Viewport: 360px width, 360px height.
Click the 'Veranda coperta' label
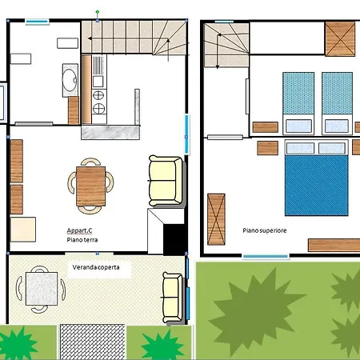(x=96, y=267)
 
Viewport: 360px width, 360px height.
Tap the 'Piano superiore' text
(x=265, y=230)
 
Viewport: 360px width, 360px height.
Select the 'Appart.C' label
(x=79, y=230)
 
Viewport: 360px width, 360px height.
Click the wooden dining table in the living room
(x=90, y=186)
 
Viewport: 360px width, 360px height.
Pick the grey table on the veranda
(x=42, y=289)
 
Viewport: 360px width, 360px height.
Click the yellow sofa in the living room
(x=166, y=180)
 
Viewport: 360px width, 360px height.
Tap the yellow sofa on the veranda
(x=173, y=297)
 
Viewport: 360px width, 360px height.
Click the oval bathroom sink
(x=70, y=80)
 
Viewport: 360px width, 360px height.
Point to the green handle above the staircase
(x=98, y=12)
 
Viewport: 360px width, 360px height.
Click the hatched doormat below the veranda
(x=92, y=342)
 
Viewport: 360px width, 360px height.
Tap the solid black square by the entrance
(x=174, y=239)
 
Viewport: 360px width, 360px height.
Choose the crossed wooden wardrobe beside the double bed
(x=216, y=219)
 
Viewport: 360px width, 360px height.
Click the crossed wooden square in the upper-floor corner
(x=340, y=39)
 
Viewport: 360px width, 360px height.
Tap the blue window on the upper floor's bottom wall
(x=266, y=257)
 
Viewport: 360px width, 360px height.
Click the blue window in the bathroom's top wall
(x=37, y=22)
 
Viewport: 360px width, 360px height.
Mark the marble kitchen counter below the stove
(x=110, y=133)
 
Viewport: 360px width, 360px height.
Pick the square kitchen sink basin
(x=98, y=82)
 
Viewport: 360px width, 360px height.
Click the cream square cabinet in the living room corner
(x=23, y=230)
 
